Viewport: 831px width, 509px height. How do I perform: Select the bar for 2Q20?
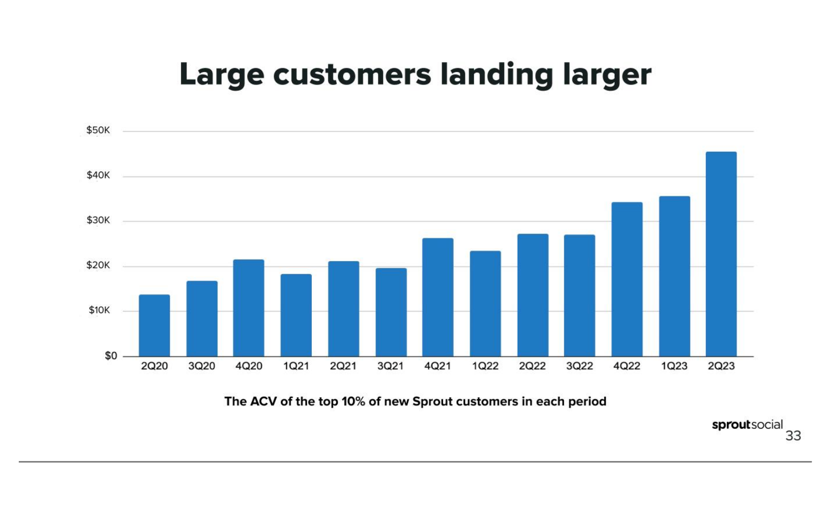[154, 325]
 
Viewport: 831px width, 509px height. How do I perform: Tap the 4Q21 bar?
[438, 297]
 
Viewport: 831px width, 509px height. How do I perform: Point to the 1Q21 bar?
[296, 315]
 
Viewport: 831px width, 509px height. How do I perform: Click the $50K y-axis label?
[98, 130]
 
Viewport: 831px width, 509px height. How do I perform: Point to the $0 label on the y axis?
[111, 356]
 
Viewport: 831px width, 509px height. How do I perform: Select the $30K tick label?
[98, 221]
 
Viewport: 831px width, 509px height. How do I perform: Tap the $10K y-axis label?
[99, 310]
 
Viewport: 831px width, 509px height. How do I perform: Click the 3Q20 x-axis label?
[202, 366]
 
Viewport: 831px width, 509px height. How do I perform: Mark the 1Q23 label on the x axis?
[674, 366]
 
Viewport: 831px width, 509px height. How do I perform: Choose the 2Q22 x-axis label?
[532, 366]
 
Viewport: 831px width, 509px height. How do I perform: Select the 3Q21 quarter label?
[390, 366]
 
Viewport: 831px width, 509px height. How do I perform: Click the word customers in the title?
[352, 74]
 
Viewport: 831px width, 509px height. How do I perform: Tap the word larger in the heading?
[607, 75]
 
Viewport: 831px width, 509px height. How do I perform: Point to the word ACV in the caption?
[264, 402]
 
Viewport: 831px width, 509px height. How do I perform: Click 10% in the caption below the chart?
[353, 402]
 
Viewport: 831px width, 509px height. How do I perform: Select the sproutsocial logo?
[747, 425]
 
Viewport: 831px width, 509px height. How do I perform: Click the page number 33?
[793, 436]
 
